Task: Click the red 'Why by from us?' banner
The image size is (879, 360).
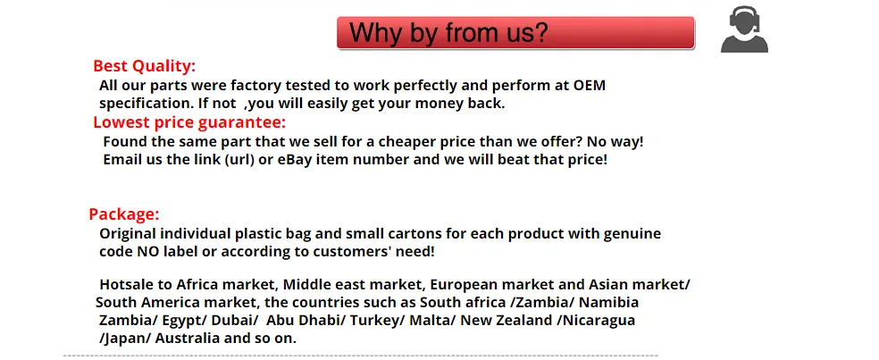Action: click(x=515, y=32)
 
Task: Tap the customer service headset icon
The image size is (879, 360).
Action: click(x=744, y=29)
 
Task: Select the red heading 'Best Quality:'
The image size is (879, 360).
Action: click(x=145, y=66)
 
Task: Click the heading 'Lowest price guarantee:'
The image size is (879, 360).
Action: click(x=189, y=122)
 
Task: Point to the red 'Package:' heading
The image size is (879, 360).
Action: click(x=124, y=214)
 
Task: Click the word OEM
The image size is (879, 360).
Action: click(x=590, y=86)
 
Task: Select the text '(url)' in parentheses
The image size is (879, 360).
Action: click(x=240, y=160)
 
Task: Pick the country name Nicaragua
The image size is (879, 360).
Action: click(x=599, y=322)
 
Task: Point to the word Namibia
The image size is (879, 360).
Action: click(x=609, y=303)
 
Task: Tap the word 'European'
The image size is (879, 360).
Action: click(x=463, y=285)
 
